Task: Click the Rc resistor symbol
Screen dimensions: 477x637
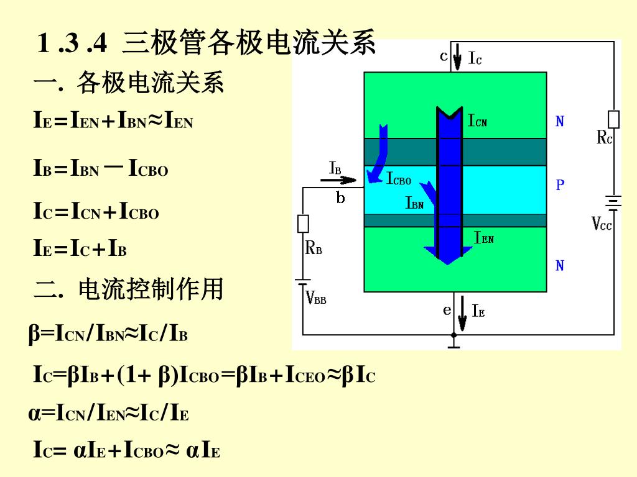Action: tap(613, 119)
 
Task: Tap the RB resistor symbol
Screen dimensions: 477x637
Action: tap(304, 224)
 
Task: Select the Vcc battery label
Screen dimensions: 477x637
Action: tap(602, 224)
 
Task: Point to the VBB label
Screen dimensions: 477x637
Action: tap(316, 299)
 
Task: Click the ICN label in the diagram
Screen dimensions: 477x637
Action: tap(478, 120)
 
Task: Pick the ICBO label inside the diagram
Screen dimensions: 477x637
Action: tap(399, 180)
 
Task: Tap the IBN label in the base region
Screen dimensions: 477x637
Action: tap(415, 203)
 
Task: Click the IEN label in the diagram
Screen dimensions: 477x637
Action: tap(484, 237)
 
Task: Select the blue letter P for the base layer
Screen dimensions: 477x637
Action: tap(560, 185)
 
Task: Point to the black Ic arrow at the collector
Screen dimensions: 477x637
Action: tap(457, 57)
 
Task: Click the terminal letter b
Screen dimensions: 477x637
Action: tap(340, 199)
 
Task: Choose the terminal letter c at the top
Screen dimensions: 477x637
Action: tap(444, 57)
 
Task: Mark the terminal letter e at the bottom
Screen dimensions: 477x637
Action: tap(447, 309)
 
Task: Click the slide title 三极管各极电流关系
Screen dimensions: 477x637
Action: tap(249, 43)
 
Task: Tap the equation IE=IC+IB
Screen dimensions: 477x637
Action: tap(80, 250)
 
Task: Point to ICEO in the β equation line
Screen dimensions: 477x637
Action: tap(305, 375)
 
